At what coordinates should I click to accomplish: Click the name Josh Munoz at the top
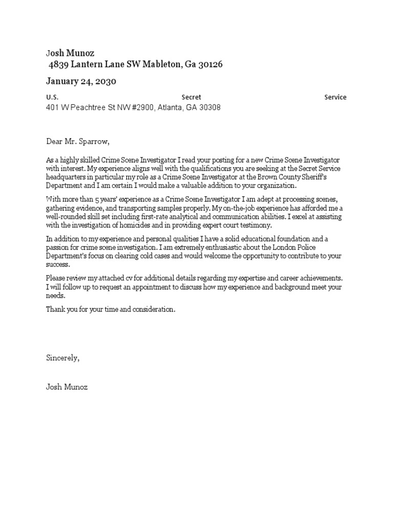click(70, 53)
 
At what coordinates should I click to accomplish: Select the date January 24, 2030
click(81, 81)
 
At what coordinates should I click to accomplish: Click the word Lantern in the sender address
click(87, 64)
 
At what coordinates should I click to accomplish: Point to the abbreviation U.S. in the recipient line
click(52, 97)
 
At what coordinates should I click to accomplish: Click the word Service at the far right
click(335, 97)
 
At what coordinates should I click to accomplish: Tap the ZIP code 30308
click(209, 108)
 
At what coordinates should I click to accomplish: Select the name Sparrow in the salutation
click(93, 141)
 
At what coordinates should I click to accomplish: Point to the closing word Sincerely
click(62, 358)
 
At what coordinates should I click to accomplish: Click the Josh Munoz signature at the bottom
click(67, 387)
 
